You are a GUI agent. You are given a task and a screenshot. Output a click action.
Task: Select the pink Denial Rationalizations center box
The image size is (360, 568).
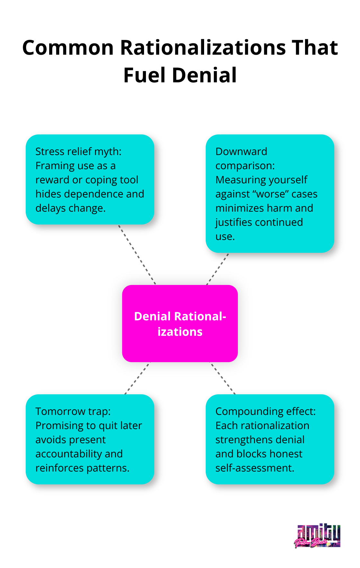click(180, 324)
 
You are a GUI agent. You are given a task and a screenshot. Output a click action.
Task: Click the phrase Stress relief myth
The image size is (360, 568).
click(78, 151)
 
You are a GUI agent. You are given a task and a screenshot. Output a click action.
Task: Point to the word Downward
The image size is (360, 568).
click(241, 151)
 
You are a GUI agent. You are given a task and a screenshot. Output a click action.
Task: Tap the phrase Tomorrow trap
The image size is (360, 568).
click(73, 411)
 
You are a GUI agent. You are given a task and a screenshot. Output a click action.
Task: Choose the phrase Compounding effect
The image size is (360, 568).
click(265, 411)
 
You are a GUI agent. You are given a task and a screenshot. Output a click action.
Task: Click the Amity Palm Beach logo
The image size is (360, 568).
click(317, 536)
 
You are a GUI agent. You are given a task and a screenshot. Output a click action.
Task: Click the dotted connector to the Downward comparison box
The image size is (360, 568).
click(218, 269)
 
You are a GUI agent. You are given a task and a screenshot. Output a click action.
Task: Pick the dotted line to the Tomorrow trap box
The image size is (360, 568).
click(137, 378)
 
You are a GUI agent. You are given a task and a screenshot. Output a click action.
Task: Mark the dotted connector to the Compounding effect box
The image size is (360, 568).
click(223, 378)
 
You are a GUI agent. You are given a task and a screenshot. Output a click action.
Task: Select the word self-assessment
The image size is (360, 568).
click(255, 468)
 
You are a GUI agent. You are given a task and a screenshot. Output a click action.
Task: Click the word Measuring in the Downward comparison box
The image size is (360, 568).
click(238, 180)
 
